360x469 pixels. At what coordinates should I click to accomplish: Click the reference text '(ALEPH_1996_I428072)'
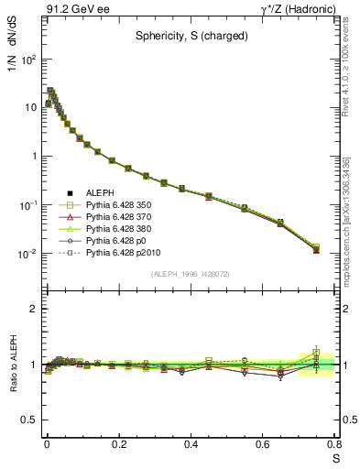(x=190, y=273)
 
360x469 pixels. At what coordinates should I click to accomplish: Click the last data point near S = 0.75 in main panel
(x=316, y=248)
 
